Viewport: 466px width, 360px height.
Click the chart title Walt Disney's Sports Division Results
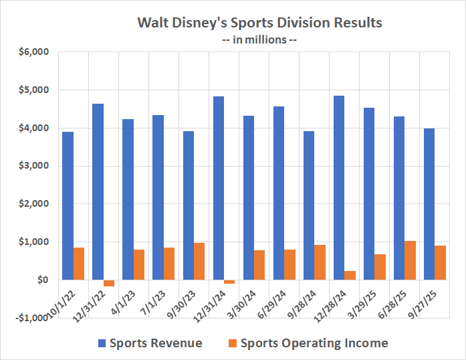(x=259, y=22)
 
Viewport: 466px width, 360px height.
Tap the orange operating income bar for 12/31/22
(x=109, y=283)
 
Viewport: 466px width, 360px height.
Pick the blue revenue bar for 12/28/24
(x=339, y=187)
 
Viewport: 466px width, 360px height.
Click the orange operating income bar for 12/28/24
(x=350, y=275)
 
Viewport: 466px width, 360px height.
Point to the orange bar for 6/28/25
(x=411, y=260)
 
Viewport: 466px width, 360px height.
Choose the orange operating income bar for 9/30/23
(x=199, y=261)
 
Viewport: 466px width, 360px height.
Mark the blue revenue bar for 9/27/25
(x=429, y=204)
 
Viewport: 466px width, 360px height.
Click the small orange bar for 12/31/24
(x=229, y=282)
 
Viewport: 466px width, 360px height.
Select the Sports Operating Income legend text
(x=314, y=343)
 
